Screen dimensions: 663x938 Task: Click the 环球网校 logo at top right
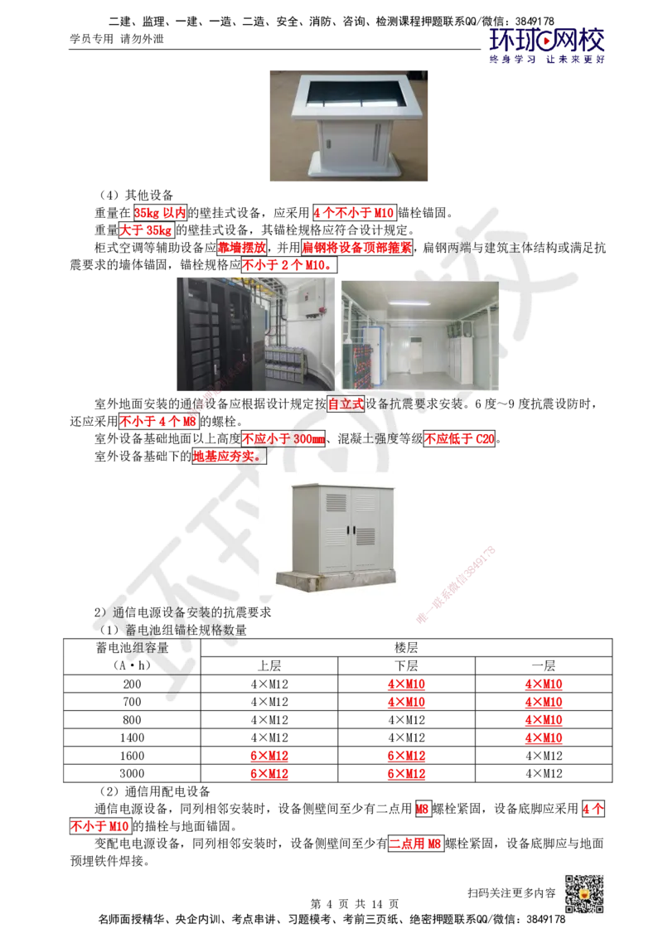click(546, 45)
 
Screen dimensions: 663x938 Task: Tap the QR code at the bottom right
click(584, 893)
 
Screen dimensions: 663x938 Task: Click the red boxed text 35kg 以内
click(161, 212)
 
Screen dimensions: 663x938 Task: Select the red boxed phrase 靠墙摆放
click(242, 247)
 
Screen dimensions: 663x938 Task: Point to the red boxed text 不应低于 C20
click(460, 438)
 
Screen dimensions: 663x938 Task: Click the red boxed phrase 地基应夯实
click(229, 457)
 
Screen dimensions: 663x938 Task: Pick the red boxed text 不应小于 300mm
click(283, 438)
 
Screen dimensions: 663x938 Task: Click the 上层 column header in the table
click(269, 666)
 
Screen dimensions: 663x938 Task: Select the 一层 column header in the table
click(544, 666)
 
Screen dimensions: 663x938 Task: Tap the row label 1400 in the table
click(133, 737)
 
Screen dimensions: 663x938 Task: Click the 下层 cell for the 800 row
click(406, 719)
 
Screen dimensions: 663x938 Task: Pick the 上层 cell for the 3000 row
click(269, 773)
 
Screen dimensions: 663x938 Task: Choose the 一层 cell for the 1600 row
click(544, 756)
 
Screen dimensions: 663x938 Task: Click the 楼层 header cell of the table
click(406, 648)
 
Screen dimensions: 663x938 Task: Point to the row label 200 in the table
click(133, 684)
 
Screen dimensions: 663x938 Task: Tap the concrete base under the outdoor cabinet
click(336, 578)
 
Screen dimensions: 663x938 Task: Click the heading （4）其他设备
click(137, 195)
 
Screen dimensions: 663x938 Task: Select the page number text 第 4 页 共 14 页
click(354, 903)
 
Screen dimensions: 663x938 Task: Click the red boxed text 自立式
click(346, 404)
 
